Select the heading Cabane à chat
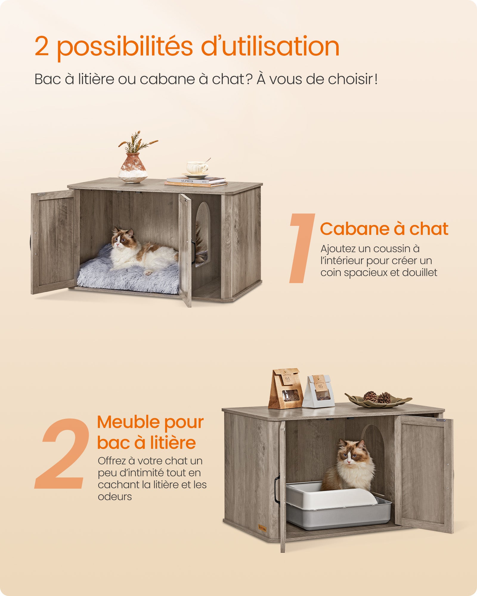click(384, 229)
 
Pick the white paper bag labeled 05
click(318, 391)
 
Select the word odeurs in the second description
click(115, 496)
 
